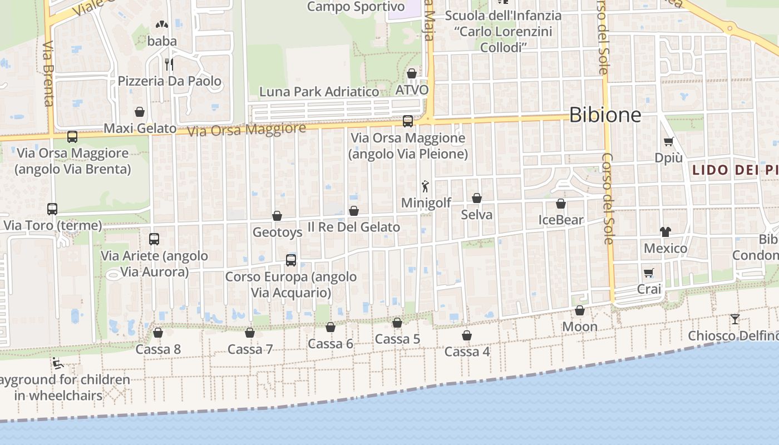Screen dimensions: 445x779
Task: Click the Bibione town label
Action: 605,115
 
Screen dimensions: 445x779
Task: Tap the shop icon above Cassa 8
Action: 158,333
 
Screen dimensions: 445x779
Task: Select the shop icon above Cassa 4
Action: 467,335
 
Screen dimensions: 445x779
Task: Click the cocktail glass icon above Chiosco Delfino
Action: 735,319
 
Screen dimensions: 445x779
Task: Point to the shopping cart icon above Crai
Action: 648,273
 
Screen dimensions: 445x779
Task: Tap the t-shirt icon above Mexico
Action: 665,231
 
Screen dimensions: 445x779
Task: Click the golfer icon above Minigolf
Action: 426,186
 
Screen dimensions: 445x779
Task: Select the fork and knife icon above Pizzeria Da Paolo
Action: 169,65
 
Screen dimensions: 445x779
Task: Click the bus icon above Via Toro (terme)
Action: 52,209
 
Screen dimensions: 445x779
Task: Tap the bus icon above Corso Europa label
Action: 291,260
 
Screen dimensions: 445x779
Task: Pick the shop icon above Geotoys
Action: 277,216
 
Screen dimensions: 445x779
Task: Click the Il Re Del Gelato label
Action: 354,227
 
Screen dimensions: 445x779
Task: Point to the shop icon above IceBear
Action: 561,204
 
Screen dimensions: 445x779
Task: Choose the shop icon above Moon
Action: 580,310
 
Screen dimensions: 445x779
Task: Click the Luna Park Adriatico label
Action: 319,92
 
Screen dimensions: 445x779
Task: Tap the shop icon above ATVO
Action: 412,73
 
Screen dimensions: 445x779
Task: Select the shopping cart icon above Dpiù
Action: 668,141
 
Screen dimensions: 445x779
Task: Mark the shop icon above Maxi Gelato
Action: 140,112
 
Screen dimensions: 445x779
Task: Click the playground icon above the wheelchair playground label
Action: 58,364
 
